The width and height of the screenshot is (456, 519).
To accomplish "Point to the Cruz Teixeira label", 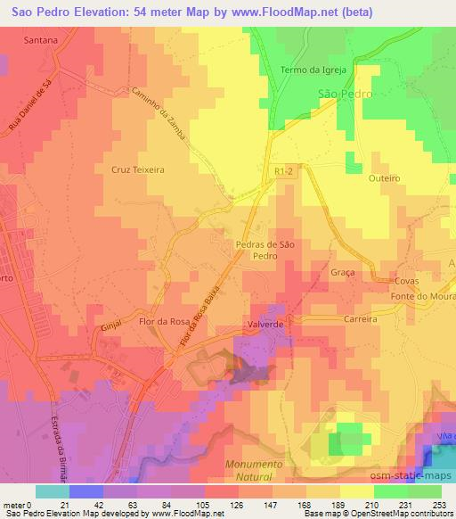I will tap(138, 168).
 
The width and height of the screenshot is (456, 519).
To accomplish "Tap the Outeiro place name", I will tap(385, 178).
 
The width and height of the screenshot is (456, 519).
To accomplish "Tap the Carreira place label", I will tap(361, 318).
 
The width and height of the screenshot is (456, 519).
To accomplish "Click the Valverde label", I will tap(265, 325).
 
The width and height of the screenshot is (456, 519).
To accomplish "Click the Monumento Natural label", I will tap(254, 471).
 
